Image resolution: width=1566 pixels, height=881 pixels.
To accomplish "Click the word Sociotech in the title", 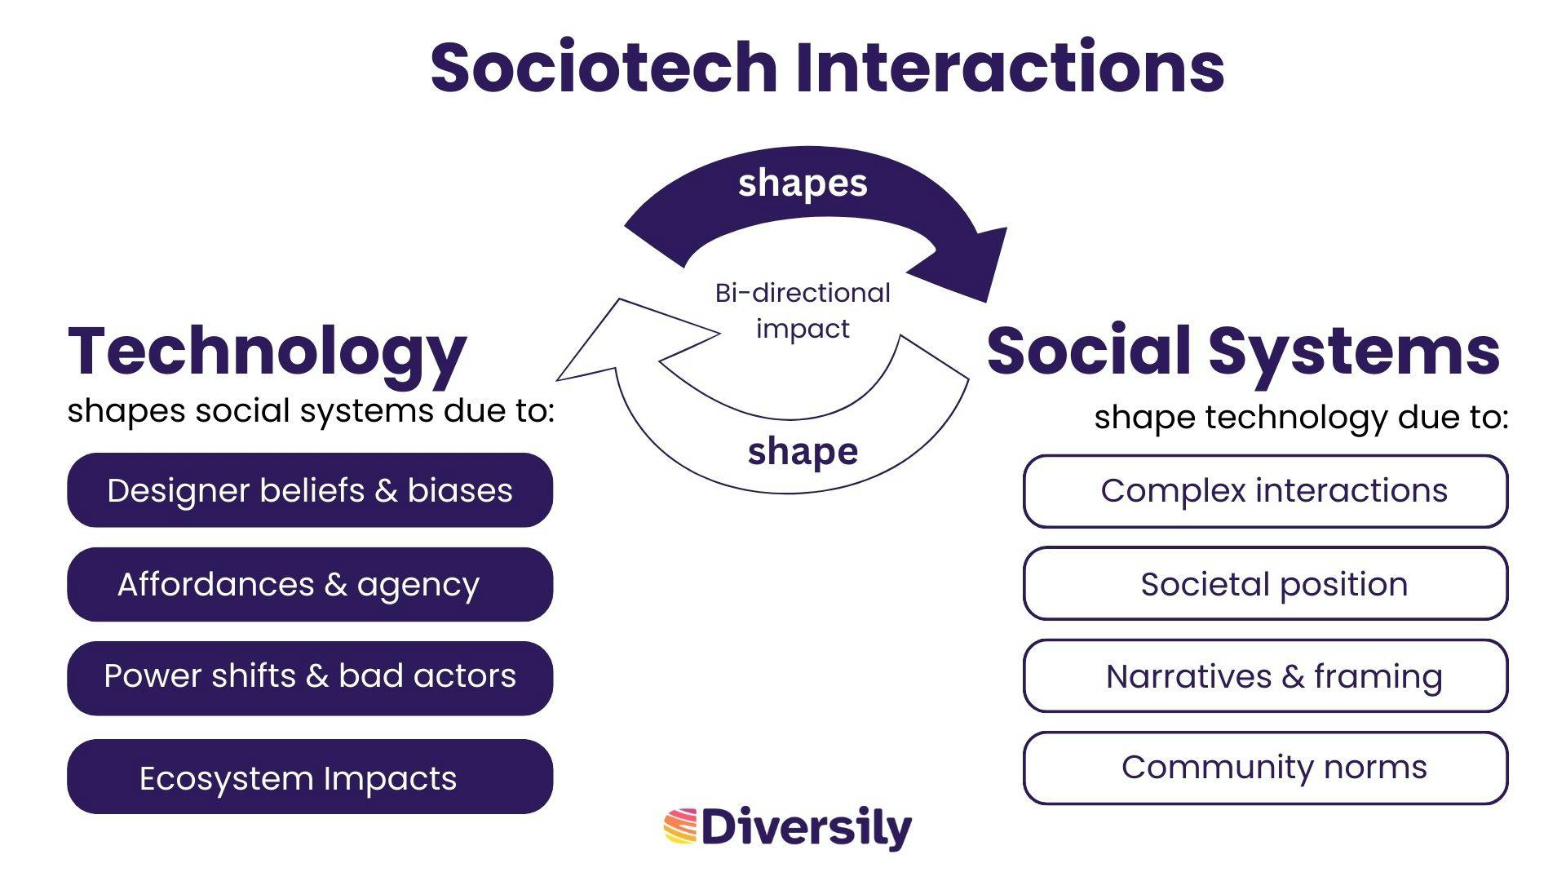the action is (604, 66).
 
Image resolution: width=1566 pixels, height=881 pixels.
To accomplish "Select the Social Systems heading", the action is (1243, 351).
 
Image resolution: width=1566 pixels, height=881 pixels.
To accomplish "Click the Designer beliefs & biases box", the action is (310, 490).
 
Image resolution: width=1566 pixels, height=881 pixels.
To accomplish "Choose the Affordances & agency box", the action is (310, 584).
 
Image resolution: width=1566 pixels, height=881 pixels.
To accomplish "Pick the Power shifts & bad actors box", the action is (310, 678).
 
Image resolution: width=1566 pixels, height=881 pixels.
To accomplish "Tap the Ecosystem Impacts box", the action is (310, 777).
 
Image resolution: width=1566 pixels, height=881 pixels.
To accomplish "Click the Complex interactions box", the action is (1266, 491).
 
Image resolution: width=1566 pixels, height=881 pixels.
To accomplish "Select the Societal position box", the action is (1266, 583).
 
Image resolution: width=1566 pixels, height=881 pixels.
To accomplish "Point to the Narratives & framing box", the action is (1266, 676).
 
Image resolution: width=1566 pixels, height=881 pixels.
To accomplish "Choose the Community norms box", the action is (1266, 768).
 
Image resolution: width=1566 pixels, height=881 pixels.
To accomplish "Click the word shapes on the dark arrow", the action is (803, 184).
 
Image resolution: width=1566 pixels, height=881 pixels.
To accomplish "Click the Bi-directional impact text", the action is (803, 311).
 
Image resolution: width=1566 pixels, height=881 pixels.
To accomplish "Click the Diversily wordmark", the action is (807, 828).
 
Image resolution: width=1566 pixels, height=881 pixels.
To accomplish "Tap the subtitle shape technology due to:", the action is (1301, 418).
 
